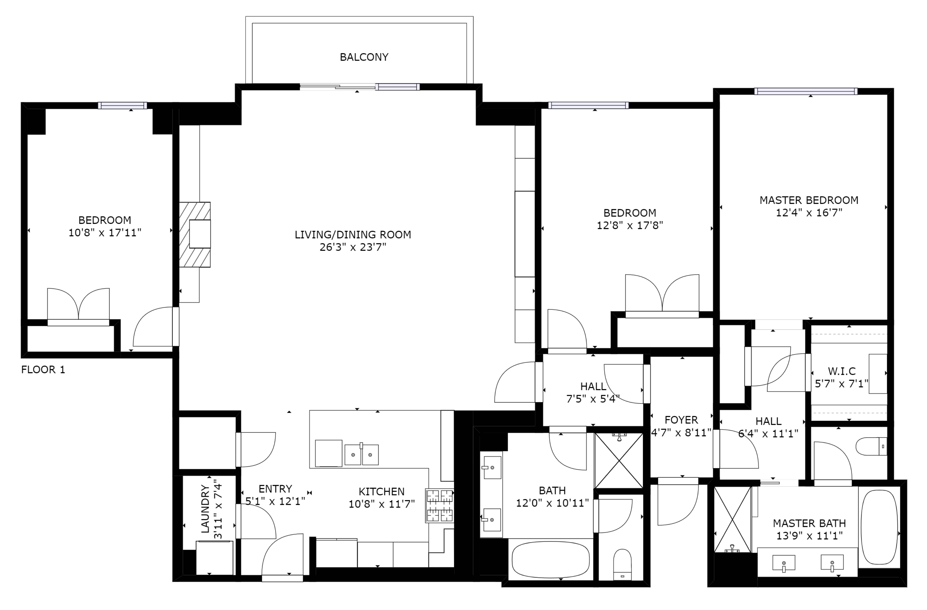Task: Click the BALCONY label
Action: [364, 57]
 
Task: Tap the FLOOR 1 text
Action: [43, 370]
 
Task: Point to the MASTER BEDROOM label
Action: [809, 200]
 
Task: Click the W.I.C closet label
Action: [841, 371]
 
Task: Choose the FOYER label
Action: [681, 420]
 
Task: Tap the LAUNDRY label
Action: [205, 509]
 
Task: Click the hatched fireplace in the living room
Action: [195, 235]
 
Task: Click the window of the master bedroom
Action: [806, 92]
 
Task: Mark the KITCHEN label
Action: [381, 492]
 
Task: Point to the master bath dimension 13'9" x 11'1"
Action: [809, 536]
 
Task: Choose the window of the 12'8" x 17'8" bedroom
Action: [588, 105]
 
